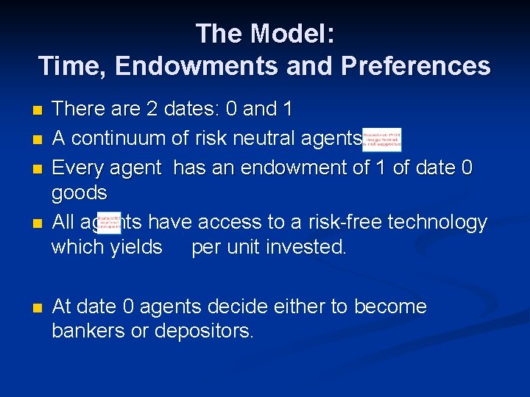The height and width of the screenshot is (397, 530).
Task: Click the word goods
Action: coord(79,194)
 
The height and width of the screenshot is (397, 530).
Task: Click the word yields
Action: coord(136,247)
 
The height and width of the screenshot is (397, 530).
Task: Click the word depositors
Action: coord(204,332)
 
